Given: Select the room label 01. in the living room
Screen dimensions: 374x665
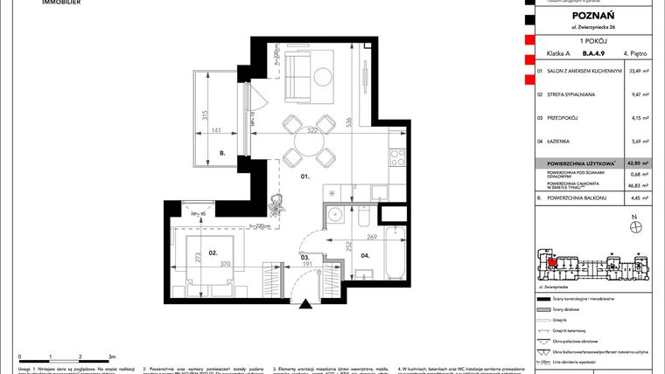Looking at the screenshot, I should pyautogui.click(x=306, y=176).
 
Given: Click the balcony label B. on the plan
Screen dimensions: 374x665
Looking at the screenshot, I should pyautogui.click(x=223, y=154).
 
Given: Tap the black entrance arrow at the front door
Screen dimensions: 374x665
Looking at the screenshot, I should pyautogui.click(x=305, y=303).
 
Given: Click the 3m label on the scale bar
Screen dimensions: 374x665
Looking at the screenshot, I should pyautogui.click(x=112, y=357).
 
